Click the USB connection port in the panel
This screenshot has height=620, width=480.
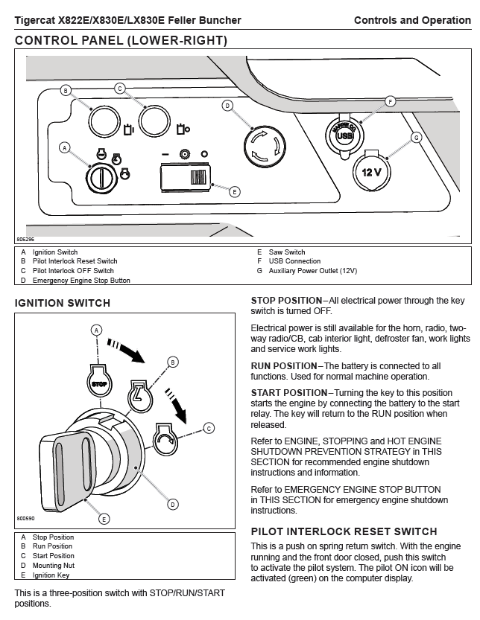[344, 135]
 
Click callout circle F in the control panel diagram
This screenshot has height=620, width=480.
[390, 100]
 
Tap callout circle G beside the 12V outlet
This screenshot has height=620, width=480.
[417, 137]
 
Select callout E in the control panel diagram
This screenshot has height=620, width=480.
[234, 191]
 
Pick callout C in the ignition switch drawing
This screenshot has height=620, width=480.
[209, 428]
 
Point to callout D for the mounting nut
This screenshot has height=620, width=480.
[173, 505]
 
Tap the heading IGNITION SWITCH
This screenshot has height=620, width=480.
[63, 303]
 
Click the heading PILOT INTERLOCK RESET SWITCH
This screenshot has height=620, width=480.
[344, 531]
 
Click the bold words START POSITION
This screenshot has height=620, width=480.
[289, 392]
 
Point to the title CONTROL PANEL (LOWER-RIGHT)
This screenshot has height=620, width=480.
[121, 39]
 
